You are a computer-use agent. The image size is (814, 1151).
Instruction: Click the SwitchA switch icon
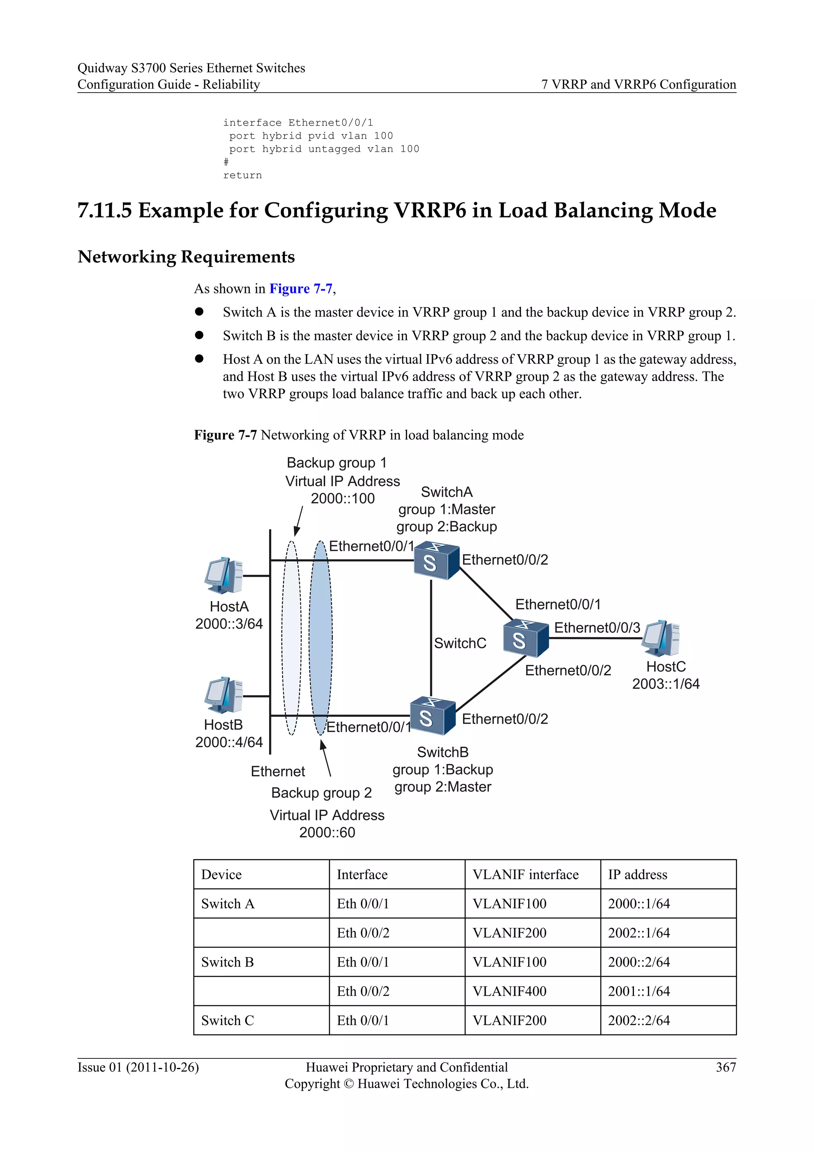point(436,560)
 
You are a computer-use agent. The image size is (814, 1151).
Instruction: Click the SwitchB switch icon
point(432,716)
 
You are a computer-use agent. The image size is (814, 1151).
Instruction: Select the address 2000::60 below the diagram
point(327,833)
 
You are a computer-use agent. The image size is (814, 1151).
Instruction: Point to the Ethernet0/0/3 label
point(597,628)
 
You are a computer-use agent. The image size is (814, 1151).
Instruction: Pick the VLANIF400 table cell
point(509,991)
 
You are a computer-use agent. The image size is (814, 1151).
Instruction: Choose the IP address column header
point(637,875)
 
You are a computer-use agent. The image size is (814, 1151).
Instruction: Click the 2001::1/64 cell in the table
point(639,991)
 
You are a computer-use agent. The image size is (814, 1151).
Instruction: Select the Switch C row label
point(228,1020)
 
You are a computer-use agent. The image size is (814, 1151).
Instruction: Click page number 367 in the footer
point(725,1067)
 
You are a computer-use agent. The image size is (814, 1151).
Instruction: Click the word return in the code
point(242,175)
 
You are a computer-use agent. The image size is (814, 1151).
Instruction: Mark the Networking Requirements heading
point(186,257)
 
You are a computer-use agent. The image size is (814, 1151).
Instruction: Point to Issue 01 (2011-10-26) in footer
point(138,1067)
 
